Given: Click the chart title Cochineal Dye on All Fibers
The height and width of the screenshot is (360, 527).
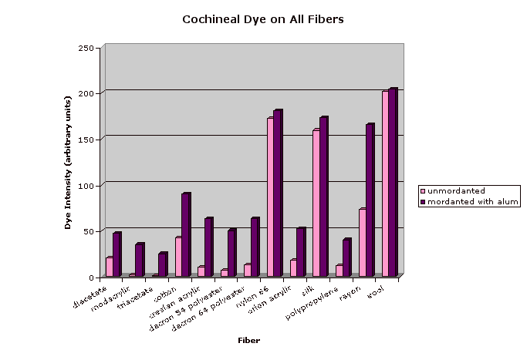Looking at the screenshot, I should [x=262, y=19].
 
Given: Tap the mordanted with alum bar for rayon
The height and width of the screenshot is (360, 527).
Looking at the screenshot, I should [x=370, y=200].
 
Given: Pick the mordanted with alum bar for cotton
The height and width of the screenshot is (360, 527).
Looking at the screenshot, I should [x=185, y=234].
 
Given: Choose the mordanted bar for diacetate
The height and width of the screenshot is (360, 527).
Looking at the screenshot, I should [x=117, y=254].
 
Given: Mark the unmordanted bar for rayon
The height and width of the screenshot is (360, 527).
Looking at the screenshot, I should [x=362, y=242].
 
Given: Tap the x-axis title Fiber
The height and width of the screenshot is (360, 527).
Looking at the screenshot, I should [x=248, y=340].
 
